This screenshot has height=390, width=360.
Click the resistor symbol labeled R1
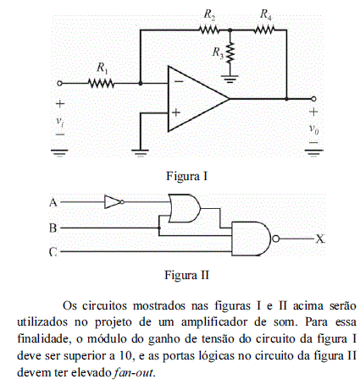(x=101, y=84)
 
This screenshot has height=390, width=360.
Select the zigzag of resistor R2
(x=209, y=30)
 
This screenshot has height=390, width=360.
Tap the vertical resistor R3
(x=230, y=52)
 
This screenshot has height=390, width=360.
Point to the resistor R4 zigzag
(x=264, y=30)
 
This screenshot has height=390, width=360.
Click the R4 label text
(x=266, y=14)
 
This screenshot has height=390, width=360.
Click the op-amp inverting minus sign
(x=179, y=82)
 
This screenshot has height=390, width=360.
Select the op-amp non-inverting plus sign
(x=176, y=113)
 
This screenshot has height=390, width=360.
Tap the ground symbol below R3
(x=230, y=79)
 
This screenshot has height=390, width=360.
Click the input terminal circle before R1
(x=59, y=84)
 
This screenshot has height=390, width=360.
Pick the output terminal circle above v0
(x=313, y=99)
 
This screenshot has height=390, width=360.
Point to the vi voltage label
(x=59, y=121)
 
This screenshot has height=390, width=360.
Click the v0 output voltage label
(x=313, y=129)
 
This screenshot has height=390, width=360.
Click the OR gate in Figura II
(x=185, y=208)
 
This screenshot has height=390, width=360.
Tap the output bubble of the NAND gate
(x=276, y=239)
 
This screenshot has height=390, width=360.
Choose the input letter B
(x=53, y=228)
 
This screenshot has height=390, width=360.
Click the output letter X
(x=320, y=239)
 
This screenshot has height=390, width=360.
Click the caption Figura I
(x=187, y=176)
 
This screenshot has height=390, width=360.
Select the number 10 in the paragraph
(x=125, y=355)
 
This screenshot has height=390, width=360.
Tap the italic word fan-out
(x=133, y=372)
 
